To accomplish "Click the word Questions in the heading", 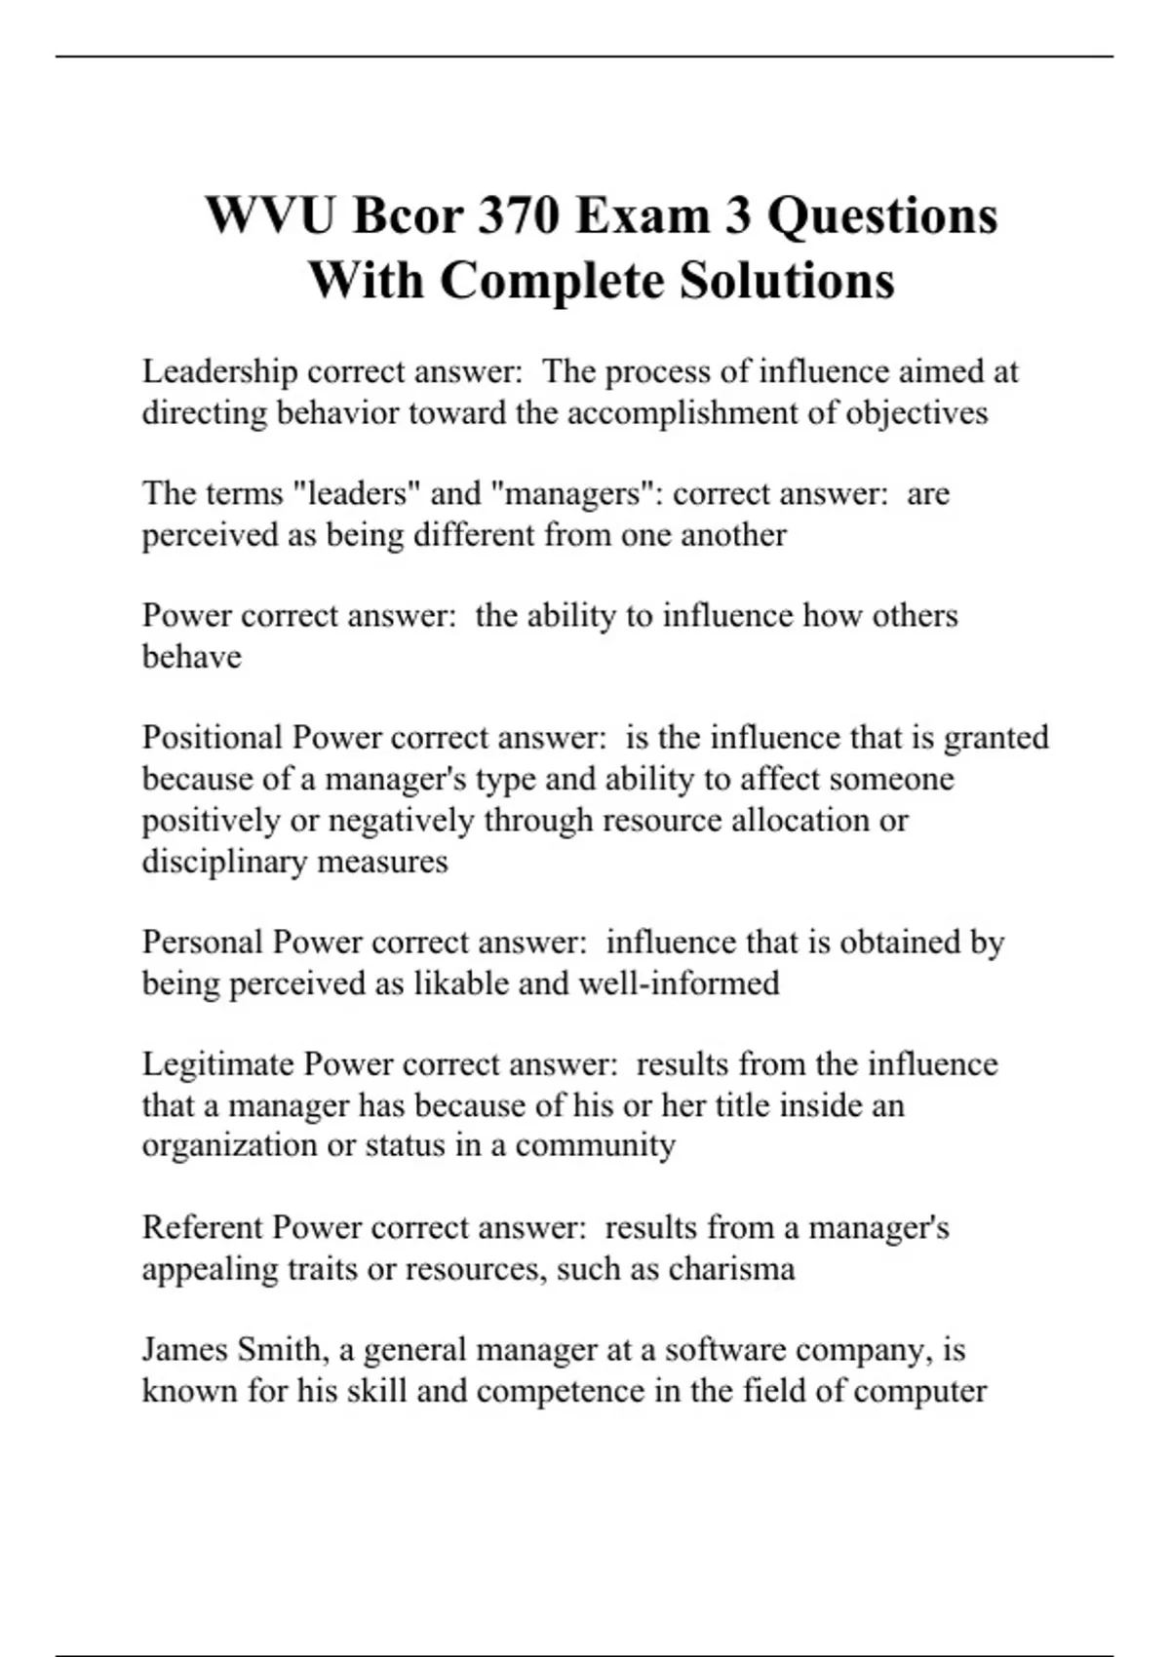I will [x=882, y=215].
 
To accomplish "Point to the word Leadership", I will [x=219, y=371].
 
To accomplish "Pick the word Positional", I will [x=212, y=738].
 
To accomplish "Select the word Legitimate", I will [x=218, y=1064].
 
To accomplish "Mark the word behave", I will [x=191, y=657].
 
